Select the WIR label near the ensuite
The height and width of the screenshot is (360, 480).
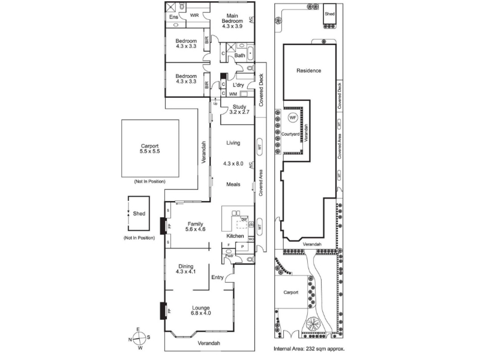point(195,15)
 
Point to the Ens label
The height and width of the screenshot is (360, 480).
point(173,17)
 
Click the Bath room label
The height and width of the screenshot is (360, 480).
point(239,56)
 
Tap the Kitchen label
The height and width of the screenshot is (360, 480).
point(235,236)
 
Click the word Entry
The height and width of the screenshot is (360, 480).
point(217,277)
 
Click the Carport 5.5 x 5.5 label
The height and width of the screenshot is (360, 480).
point(150,149)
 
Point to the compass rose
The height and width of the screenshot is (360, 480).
point(139,338)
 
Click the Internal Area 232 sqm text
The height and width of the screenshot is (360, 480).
point(309,348)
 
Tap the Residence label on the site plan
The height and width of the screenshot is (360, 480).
point(309,71)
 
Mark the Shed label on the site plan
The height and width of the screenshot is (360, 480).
point(329,13)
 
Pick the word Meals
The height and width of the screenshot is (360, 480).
point(233,185)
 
